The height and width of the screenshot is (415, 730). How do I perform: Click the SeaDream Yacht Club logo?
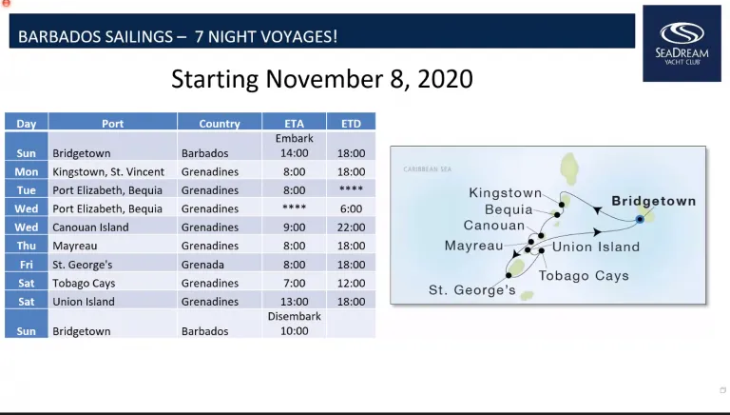click(x=682, y=44)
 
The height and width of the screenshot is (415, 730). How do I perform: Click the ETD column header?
click(x=351, y=123)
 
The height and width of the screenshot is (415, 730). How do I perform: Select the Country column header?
click(x=220, y=123)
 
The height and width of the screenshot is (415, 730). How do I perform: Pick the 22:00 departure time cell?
click(x=351, y=227)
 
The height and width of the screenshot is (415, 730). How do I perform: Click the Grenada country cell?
click(x=202, y=265)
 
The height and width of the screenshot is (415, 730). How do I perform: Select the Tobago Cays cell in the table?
click(x=84, y=283)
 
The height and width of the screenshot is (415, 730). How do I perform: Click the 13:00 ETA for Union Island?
click(x=295, y=302)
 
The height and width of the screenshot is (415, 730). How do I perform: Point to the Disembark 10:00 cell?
click(x=295, y=324)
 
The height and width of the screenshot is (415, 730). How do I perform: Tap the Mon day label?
click(x=26, y=171)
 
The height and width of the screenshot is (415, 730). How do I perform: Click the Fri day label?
click(x=26, y=265)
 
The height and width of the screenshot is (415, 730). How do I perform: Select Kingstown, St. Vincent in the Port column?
click(x=108, y=171)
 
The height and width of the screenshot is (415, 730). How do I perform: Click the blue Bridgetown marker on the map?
click(x=640, y=219)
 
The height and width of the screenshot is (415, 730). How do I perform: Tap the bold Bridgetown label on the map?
click(x=654, y=201)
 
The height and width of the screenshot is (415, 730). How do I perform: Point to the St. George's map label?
click(x=472, y=290)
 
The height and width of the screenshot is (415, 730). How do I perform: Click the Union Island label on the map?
click(x=596, y=247)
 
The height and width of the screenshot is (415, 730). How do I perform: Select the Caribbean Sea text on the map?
click(x=428, y=169)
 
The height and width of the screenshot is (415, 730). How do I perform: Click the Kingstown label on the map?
click(x=505, y=193)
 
